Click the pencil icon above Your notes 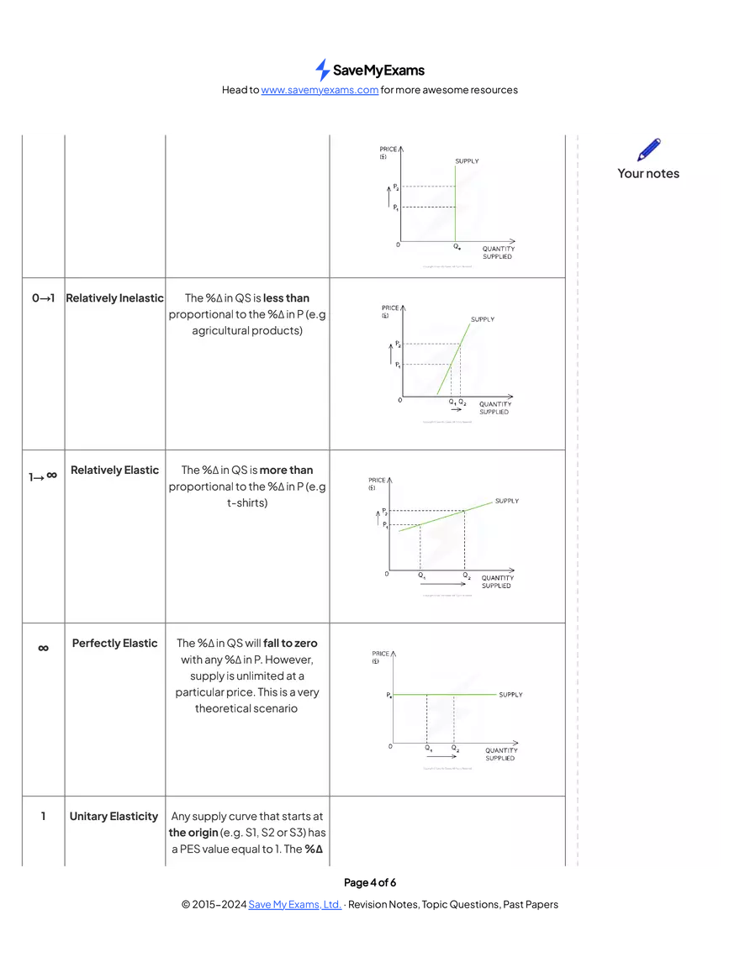click(x=648, y=150)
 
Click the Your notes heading click(x=647, y=173)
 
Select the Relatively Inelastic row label click(x=114, y=298)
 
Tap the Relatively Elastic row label click(x=114, y=471)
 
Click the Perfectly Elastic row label click(x=114, y=644)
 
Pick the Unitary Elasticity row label click(x=114, y=817)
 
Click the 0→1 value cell click(x=43, y=298)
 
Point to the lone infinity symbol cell click(x=43, y=648)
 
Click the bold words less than click(x=286, y=298)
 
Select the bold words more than click(x=286, y=471)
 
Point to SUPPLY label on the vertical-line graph click(x=467, y=160)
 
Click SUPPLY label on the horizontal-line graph click(x=510, y=695)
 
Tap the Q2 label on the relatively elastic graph click(x=467, y=576)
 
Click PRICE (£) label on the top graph click(x=388, y=153)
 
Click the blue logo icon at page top click(x=320, y=69)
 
